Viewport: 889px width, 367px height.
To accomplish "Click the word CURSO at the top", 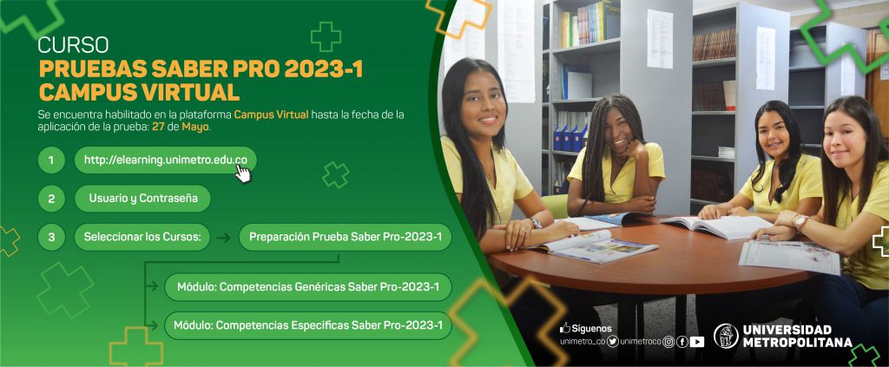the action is [73, 45].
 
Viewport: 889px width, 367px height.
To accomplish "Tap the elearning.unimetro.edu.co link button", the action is [166, 161].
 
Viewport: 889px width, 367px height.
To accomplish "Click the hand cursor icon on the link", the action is [243, 174].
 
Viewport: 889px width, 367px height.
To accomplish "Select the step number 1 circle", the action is [51, 161].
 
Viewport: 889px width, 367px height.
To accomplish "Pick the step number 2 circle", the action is [51, 199].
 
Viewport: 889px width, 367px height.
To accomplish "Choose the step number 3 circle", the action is [51, 238].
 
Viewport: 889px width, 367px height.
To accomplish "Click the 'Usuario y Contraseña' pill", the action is [143, 199].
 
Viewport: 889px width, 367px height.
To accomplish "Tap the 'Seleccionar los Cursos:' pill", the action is [142, 238].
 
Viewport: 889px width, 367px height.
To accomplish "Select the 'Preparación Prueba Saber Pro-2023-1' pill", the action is [346, 238].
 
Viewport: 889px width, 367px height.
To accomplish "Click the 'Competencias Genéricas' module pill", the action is [308, 287].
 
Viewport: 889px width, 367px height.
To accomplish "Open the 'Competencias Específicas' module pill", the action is [308, 325].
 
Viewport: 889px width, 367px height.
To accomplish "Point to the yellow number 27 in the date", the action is [158, 127].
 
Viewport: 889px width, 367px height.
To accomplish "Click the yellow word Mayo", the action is [195, 128].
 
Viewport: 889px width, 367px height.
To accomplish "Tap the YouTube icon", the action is [697, 342].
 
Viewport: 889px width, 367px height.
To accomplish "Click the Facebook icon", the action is [682, 342].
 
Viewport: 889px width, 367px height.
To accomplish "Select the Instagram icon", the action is [669, 342].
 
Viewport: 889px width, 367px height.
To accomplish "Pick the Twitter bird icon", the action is [612, 342].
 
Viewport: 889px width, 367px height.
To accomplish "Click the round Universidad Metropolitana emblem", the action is [726, 336].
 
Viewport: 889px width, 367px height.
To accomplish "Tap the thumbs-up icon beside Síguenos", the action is [564, 328].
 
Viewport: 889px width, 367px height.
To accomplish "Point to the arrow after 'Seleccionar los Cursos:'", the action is [223, 238].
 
